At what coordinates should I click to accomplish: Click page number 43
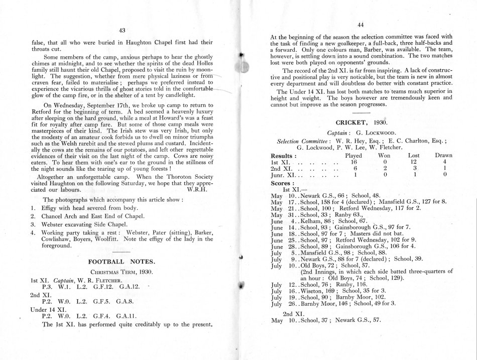click(x=122, y=31)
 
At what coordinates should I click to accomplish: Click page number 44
click(x=360, y=25)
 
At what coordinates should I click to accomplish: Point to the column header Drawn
click(x=443, y=156)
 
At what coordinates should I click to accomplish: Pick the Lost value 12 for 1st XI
click(x=411, y=163)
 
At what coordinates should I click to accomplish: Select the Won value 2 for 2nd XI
click(x=383, y=170)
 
